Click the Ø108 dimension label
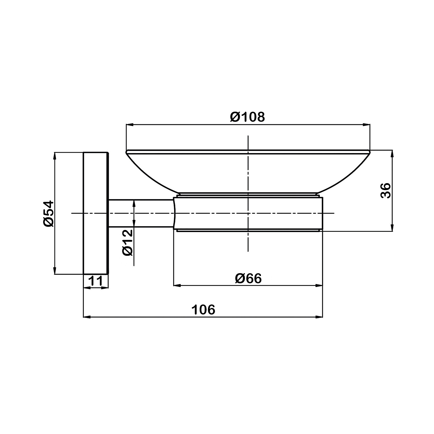coord(247,117)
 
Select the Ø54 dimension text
coord(48,214)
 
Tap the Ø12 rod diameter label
coord(127,242)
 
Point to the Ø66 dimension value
coord(248,278)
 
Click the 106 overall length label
coord(204,310)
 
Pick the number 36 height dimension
coord(385,190)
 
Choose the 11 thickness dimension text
coord(95,281)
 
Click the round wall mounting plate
coord(96,213)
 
